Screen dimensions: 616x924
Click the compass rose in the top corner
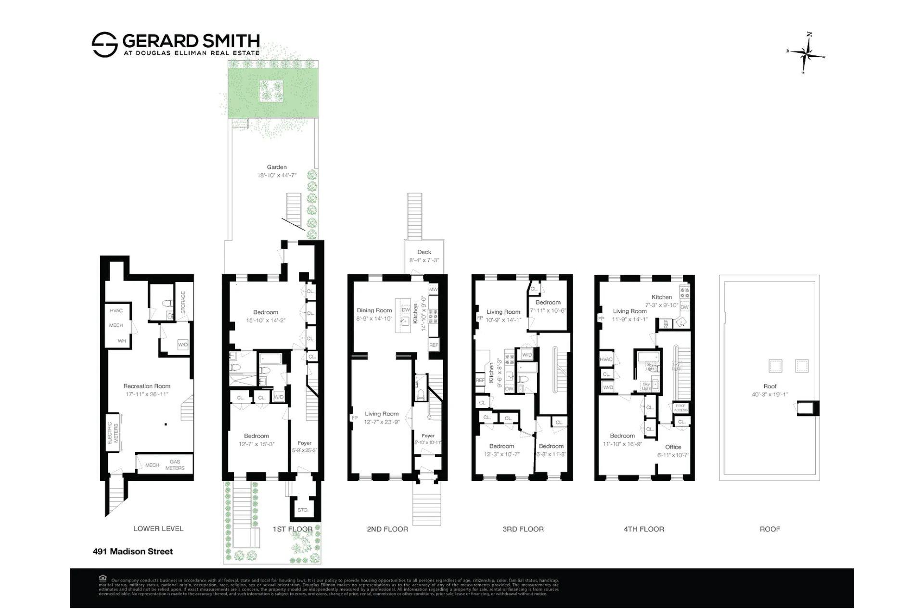tap(807, 53)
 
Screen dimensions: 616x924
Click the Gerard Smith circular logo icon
tap(104, 45)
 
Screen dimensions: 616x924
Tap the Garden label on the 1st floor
tap(277, 167)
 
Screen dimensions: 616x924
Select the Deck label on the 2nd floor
tap(424, 252)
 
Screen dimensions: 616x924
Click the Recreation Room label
tap(147, 386)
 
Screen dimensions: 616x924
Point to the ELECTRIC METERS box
tap(112, 433)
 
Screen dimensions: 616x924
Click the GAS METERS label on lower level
tap(175, 465)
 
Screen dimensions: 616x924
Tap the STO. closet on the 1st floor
tap(303, 510)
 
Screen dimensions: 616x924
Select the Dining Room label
tap(374, 310)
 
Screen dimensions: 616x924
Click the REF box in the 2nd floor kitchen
tap(434, 345)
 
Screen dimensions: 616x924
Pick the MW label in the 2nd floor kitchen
tap(433, 289)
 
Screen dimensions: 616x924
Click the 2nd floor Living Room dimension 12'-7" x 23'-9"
tap(382, 422)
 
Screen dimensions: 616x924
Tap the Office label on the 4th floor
tap(673, 447)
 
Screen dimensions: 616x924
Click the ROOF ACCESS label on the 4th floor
tap(680, 408)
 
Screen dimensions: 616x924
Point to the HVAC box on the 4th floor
tap(606, 359)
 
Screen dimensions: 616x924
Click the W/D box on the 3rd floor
tap(527, 355)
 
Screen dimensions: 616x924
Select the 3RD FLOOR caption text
tap(523, 529)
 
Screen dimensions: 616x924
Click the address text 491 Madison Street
tap(133, 552)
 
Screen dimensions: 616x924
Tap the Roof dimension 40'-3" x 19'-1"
tap(770, 395)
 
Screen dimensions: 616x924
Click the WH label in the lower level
tap(122, 341)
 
